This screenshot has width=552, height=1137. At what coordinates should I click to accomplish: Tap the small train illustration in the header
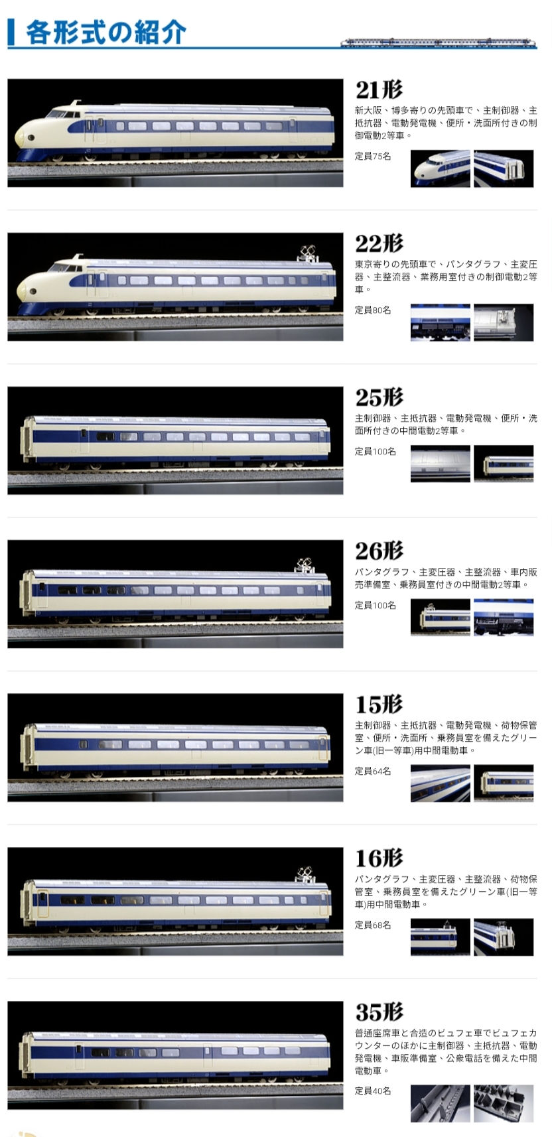pos(438,42)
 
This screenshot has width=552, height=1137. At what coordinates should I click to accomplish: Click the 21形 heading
pos(379,90)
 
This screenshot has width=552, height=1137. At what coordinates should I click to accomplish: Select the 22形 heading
pos(379,243)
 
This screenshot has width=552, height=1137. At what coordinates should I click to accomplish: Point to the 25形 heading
pos(379,397)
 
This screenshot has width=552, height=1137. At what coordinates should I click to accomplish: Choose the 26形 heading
pos(379,551)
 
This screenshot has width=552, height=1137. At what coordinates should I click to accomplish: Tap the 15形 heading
pos(379,704)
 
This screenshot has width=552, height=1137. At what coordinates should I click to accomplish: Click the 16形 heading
pos(379,858)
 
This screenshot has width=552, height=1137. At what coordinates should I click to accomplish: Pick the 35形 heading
pos(379,1012)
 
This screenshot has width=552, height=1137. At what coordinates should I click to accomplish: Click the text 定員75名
pos(373,157)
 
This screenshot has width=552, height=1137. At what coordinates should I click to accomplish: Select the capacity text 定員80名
pos(373,310)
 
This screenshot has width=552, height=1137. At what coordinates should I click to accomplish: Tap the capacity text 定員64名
pos(373,771)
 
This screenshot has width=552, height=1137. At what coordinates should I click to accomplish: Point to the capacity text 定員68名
pos(373,925)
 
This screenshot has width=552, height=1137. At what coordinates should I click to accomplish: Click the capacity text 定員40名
pos(373,1091)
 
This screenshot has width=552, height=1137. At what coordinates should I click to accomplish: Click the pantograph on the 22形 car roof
pos(307,253)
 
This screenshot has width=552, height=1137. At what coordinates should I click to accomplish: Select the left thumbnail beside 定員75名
pos(440,168)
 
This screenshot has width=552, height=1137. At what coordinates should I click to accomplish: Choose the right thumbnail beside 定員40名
pos(504,1103)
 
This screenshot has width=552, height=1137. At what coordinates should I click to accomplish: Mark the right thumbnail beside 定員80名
pos(504,322)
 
